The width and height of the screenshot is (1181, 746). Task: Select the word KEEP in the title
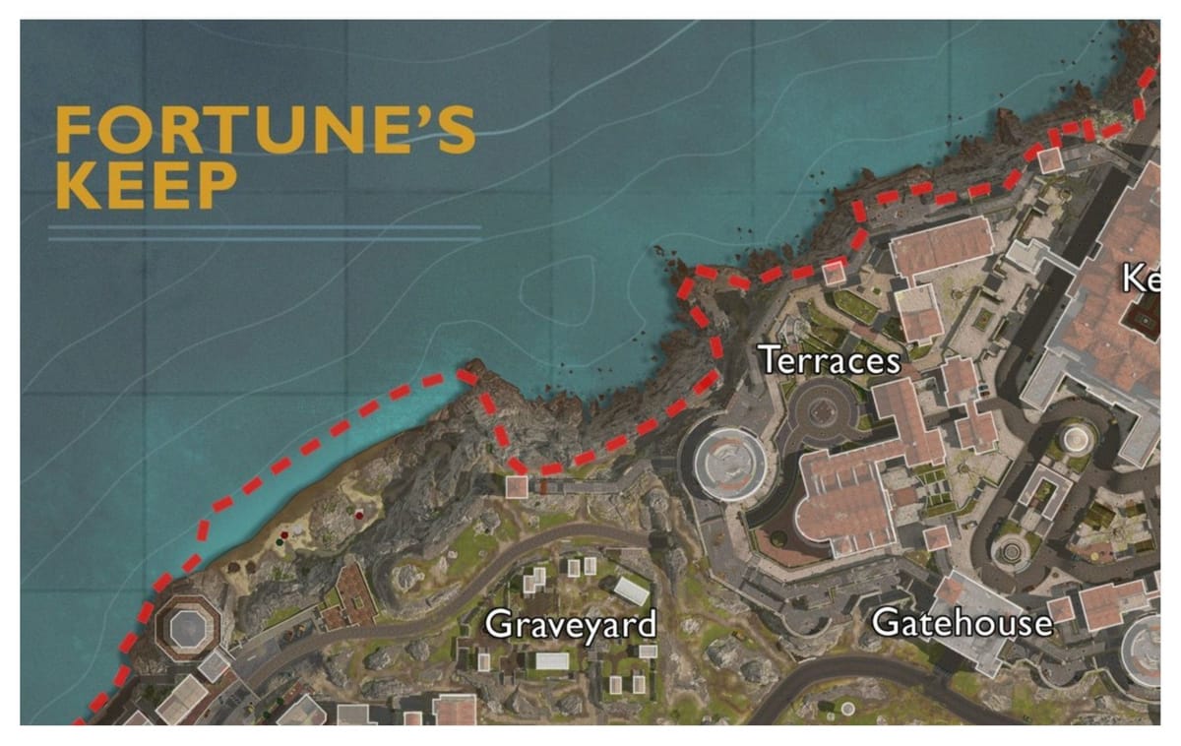146,185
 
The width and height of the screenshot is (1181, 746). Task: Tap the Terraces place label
830,361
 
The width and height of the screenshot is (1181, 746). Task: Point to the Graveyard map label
571,624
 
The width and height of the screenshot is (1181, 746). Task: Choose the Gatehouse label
962,622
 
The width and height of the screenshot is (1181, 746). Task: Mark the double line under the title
264,233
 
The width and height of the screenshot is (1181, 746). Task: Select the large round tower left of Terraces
729,461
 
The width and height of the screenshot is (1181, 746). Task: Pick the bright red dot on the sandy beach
361,514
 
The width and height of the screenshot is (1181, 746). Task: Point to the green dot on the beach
283,535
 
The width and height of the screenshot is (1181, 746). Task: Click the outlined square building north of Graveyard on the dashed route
517,485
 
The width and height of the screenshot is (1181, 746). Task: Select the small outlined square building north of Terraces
834,273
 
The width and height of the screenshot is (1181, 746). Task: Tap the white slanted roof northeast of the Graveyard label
631,590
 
